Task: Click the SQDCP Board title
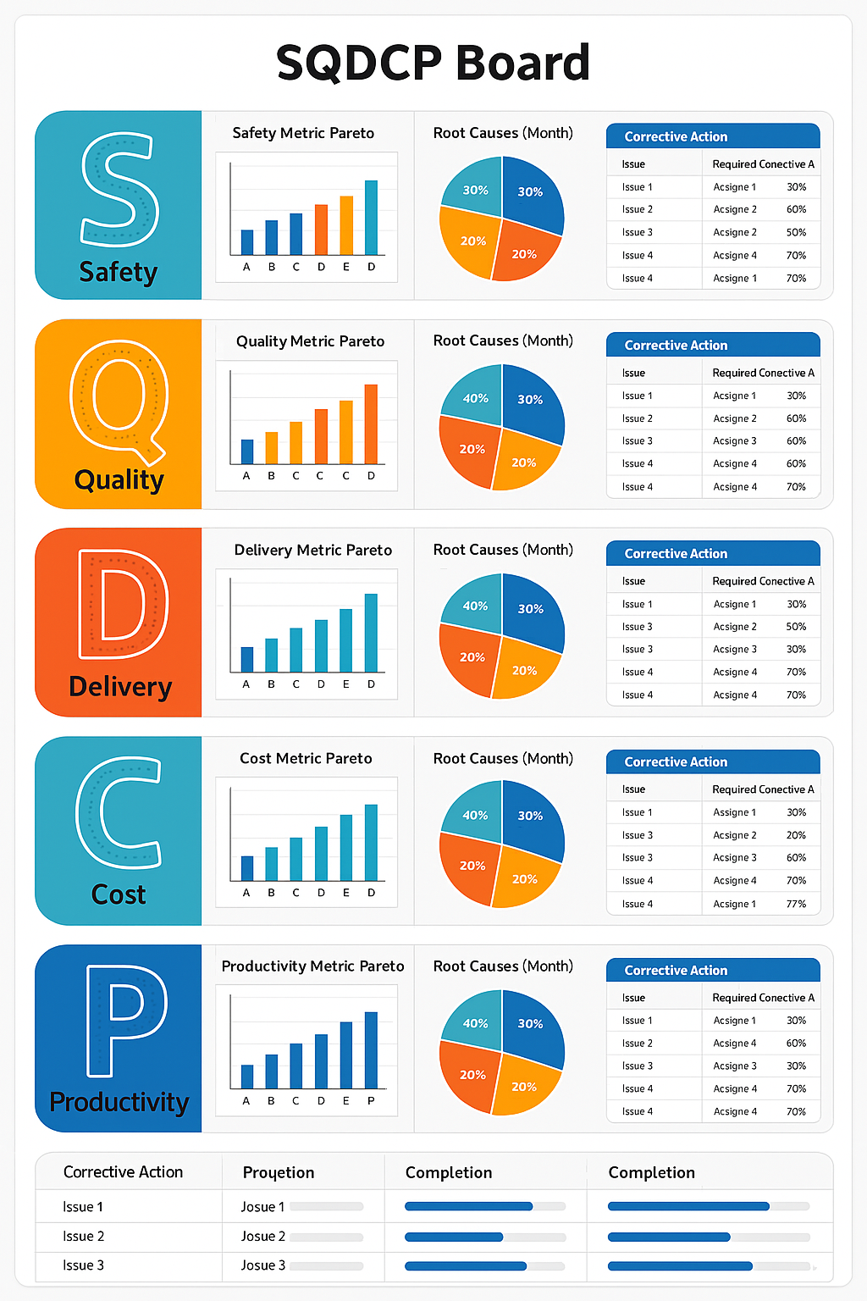point(433,63)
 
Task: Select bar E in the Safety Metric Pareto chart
point(346,225)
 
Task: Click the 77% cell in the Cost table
point(796,904)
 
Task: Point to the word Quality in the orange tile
point(119,480)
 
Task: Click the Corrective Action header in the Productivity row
point(676,971)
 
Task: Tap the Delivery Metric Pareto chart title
point(313,551)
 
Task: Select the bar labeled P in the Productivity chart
point(371,1050)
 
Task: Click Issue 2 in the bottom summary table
point(84,1237)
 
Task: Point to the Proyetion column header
point(279,1173)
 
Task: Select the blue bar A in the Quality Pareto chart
point(247,451)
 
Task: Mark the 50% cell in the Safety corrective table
point(796,232)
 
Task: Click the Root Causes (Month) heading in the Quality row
point(503,340)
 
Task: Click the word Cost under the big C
point(119,895)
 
